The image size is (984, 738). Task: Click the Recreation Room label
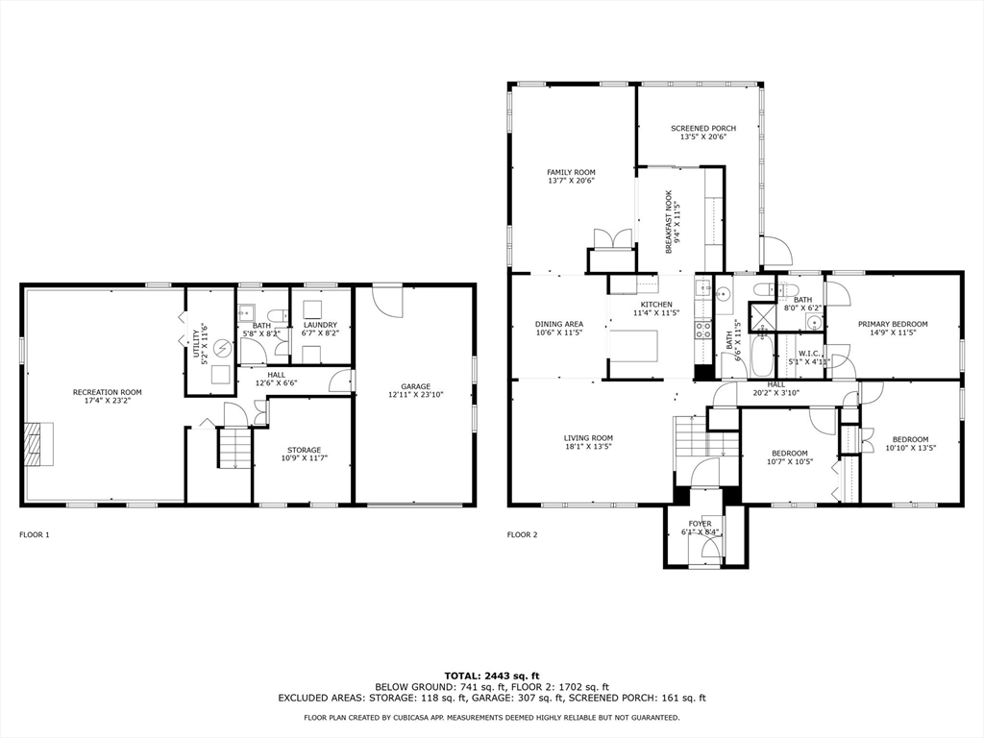[x=107, y=392]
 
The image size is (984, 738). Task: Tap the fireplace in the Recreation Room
[x=34, y=444]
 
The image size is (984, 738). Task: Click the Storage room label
[x=304, y=450]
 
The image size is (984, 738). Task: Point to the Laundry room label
[x=320, y=325]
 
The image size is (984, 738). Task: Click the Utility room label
[x=195, y=344]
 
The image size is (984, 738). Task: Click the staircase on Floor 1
[x=234, y=448]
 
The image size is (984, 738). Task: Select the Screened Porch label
[x=702, y=128]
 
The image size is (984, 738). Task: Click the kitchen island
[x=634, y=345]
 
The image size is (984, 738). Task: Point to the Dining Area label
[x=559, y=325]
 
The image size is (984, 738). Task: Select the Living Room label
[x=588, y=438]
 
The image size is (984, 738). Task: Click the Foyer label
[x=700, y=524]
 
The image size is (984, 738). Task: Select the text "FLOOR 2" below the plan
[x=523, y=534]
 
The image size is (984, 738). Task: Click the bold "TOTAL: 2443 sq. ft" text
[x=491, y=675]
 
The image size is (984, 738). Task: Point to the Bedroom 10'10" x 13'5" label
[x=910, y=439]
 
